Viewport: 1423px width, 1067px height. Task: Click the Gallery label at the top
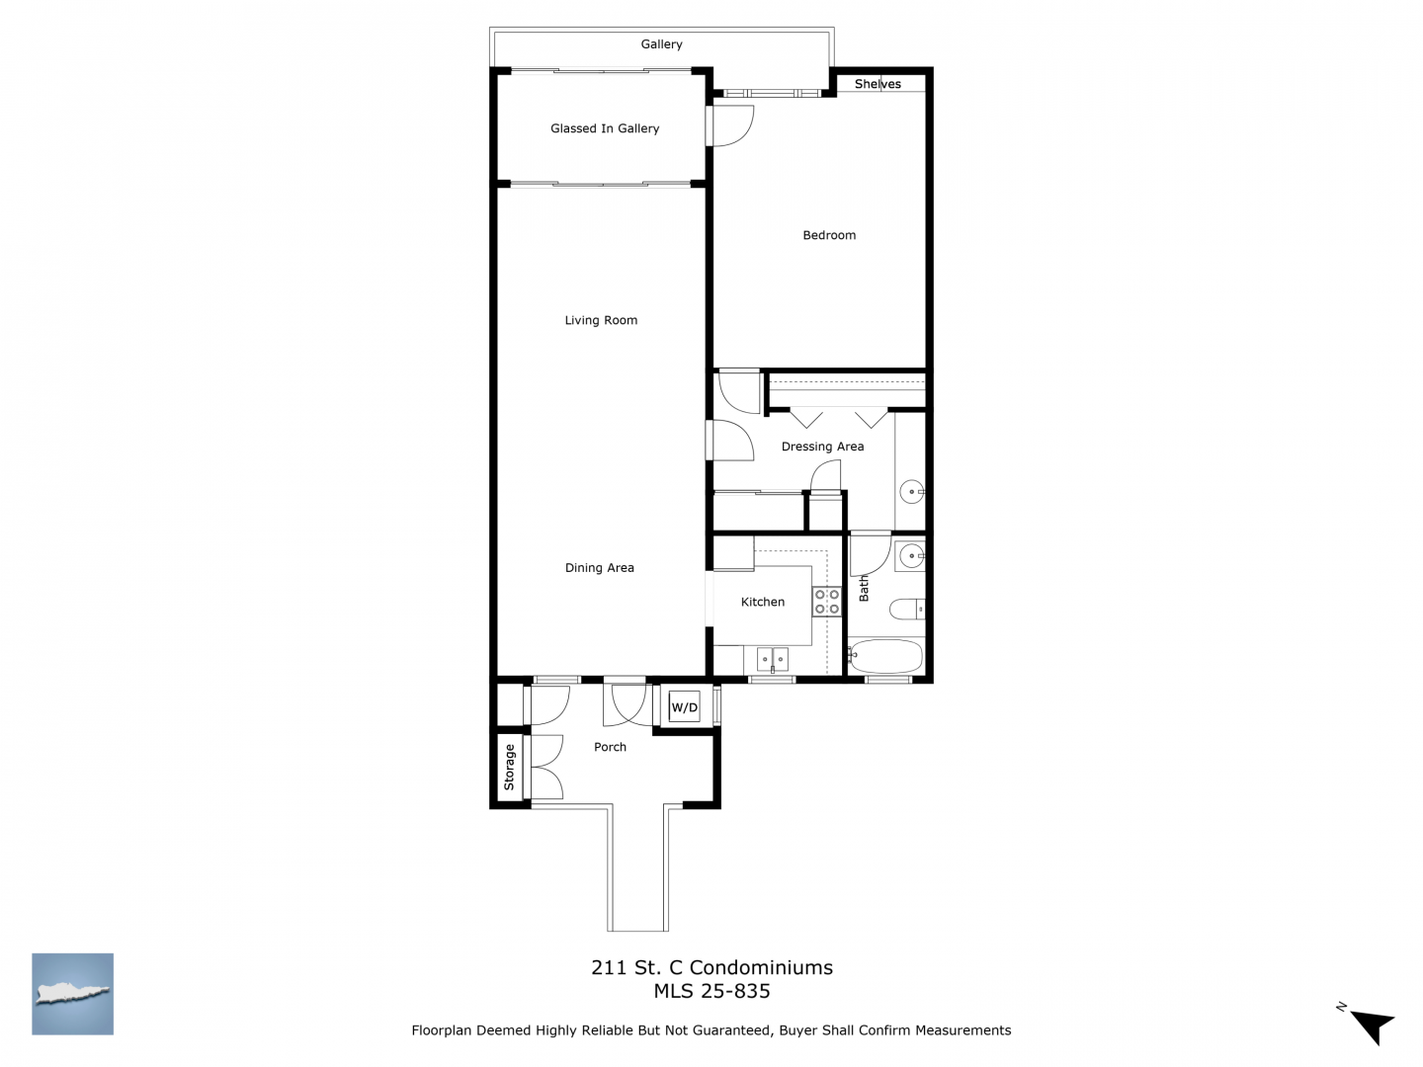pyautogui.click(x=661, y=44)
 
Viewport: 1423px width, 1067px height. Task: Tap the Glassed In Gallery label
pyautogui.click(x=604, y=128)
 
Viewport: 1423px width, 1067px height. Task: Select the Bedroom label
pyautogui.click(x=828, y=235)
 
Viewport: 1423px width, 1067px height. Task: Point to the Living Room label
pyautogui.click(x=600, y=320)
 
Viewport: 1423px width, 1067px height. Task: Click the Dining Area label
pyautogui.click(x=599, y=567)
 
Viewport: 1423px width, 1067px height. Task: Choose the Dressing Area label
pyautogui.click(x=822, y=447)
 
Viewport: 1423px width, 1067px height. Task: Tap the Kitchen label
pyautogui.click(x=762, y=602)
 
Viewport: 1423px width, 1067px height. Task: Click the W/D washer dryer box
pyautogui.click(x=684, y=706)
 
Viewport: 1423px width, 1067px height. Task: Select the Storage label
pyautogui.click(x=509, y=767)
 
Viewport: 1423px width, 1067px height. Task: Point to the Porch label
pyautogui.click(x=610, y=747)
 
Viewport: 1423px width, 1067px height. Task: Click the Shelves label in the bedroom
pyautogui.click(x=878, y=84)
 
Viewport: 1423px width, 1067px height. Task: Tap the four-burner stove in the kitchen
pyautogui.click(x=826, y=602)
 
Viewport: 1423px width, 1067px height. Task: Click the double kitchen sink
pyautogui.click(x=772, y=660)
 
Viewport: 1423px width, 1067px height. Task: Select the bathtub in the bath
pyautogui.click(x=885, y=656)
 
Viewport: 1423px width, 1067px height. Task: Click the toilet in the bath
pyautogui.click(x=907, y=609)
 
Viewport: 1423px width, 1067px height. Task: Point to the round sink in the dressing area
pyautogui.click(x=911, y=492)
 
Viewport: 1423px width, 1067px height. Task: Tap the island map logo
pyautogui.click(x=72, y=993)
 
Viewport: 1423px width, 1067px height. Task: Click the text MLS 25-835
pyautogui.click(x=711, y=991)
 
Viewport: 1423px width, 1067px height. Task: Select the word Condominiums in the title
pyautogui.click(x=761, y=967)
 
